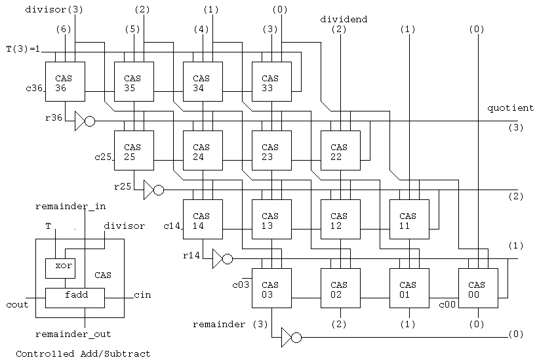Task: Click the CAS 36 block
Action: (64, 82)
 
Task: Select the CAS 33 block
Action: (271, 82)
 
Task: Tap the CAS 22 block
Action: (340, 151)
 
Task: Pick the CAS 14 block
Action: (202, 220)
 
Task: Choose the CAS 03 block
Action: (271, 289)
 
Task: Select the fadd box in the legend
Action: (77, 296)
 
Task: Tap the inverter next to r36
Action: (84, 121)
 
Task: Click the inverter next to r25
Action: (153, 190)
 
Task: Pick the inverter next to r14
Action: (222, 259)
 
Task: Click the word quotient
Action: (510, 108)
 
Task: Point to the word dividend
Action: (344, 20)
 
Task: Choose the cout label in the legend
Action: (16, 305)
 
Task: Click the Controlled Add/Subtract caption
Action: (83, 353)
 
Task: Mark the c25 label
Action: (102, 157)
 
